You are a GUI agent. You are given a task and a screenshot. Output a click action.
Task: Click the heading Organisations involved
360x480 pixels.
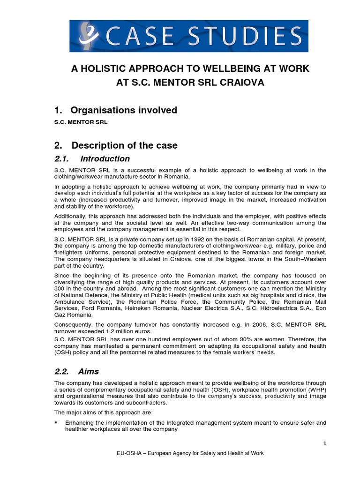(124, 110)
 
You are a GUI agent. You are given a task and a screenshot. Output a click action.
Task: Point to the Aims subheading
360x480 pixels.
(89, 371)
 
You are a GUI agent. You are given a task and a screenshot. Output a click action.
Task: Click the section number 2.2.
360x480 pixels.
(63, 371)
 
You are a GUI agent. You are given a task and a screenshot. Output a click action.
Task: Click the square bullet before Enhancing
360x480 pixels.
(56, 422)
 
